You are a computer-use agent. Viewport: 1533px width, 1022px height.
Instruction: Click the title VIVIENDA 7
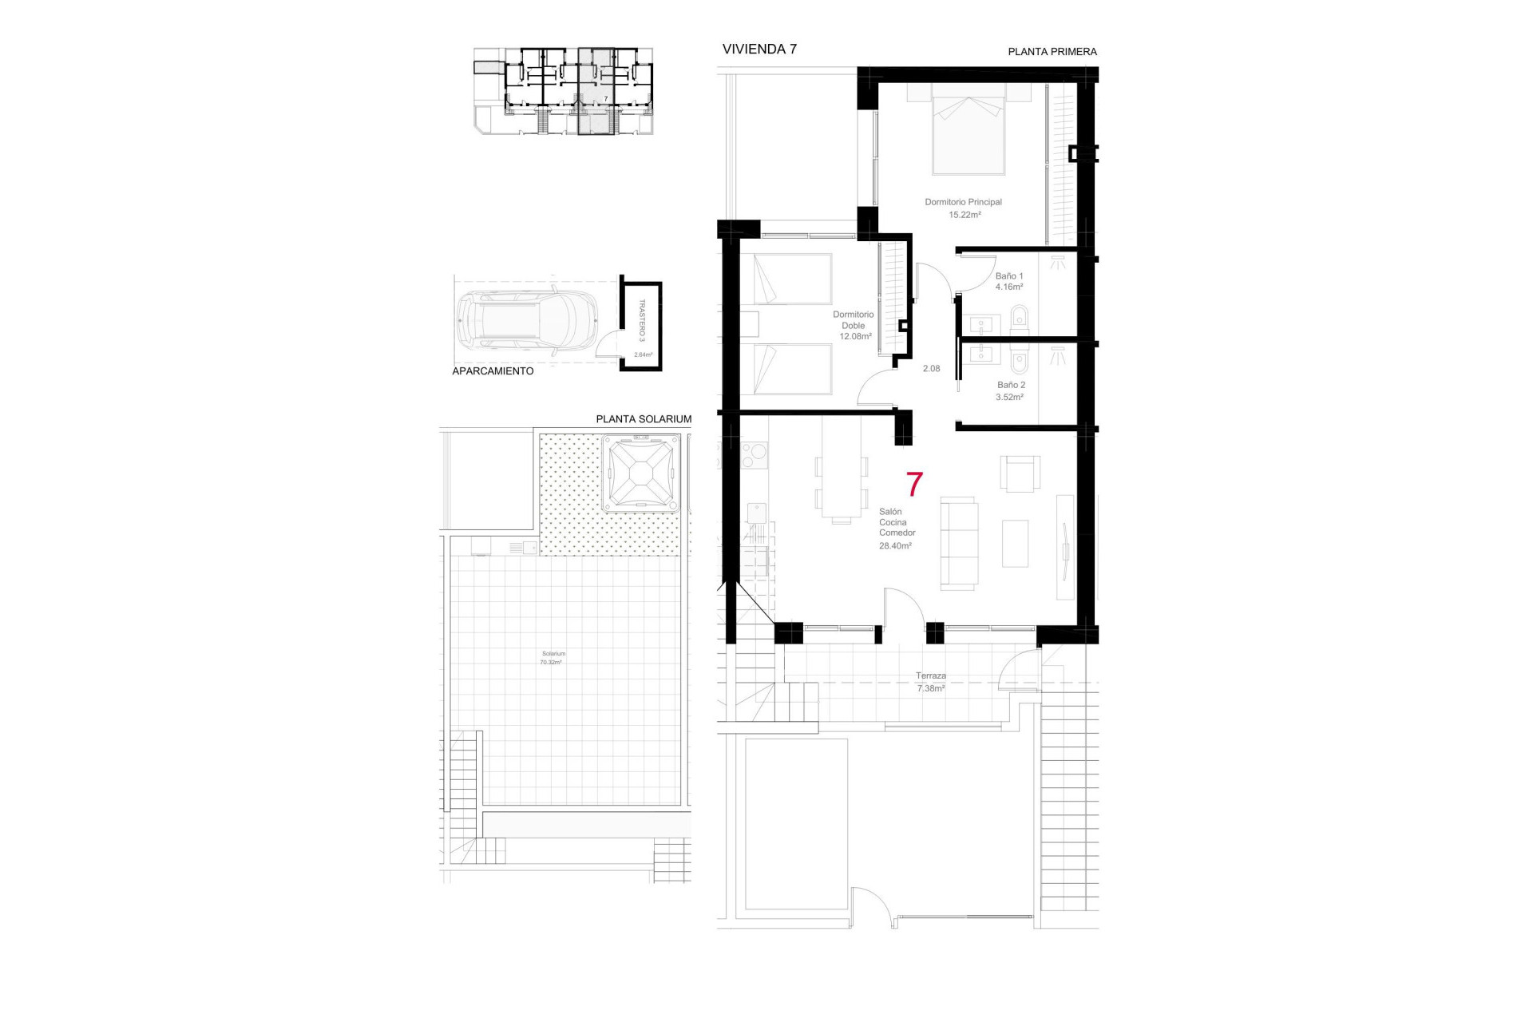point(759,50)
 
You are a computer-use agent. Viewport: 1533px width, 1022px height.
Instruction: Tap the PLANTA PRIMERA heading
point(1052,52)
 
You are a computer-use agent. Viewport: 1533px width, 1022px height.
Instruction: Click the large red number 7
point(914,484)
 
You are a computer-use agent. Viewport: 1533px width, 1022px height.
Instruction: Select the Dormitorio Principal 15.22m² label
point(964,208)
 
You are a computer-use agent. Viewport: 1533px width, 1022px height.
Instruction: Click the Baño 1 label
point(1008,276)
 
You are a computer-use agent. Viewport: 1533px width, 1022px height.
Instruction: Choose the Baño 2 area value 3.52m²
point(1009,397)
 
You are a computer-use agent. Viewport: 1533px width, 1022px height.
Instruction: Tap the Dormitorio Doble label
point(854,320)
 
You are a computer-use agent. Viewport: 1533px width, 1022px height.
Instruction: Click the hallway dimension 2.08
point(931,369)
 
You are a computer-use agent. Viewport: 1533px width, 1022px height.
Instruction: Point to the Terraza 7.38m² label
point(931,682)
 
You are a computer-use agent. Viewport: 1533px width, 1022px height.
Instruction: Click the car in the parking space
point(528,320)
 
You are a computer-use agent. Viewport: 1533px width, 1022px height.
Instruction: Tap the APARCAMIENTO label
point(493,371)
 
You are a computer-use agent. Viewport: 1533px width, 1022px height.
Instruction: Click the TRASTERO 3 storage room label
point(641,321)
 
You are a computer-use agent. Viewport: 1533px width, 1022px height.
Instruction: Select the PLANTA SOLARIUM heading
point(644,419)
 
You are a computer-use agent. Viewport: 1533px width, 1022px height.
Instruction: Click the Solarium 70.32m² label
point(553,658)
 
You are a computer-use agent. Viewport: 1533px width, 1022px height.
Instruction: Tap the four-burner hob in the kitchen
point(755,455)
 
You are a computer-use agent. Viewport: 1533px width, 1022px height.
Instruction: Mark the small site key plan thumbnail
point(564,91)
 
